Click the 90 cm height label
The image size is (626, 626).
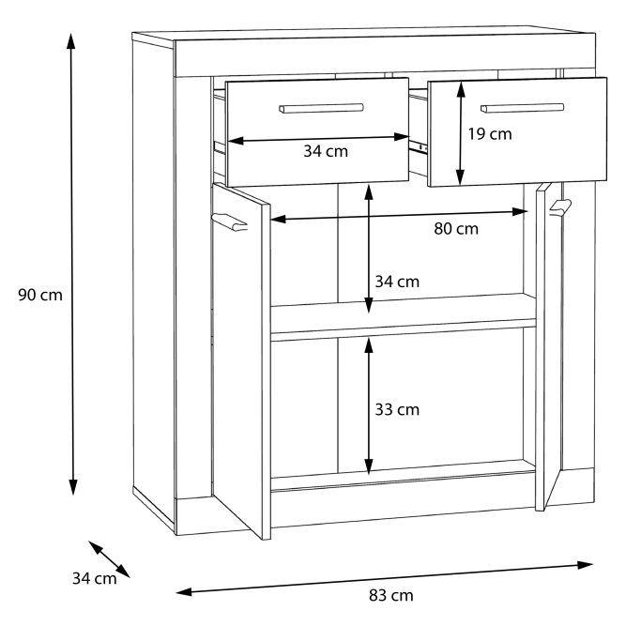pyautogui.click(x=40, y=295)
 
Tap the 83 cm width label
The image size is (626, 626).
pyautogui.click(x=390, y=595)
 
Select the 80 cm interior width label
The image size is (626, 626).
pyautogui.click(x=456, y=229)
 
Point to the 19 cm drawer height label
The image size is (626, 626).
pyautogui.click(x=490, y=134)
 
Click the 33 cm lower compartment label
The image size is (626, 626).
pyautogui.click(x=397, y=409)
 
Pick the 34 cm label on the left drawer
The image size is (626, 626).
pyautogui.click(x=326, y=151)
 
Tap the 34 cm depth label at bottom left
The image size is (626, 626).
pyautogui.click(x=95, y=578)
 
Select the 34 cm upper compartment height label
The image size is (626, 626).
pyautogui.click(x=397, y=282)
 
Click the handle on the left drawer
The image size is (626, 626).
pyautogui.click(x=321, y=108)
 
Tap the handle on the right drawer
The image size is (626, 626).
pyautogui.click(x=523, y=108)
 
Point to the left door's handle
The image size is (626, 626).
pyautogui.click(x=230, y=222)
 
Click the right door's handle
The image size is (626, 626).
pyautogui.click(x=560, y=207)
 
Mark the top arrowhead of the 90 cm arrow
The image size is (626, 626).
pyautogui.click(x=71, y=40)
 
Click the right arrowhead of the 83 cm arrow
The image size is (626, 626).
pyautogui.click(x=586, y=565)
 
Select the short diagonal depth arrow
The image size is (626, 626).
pyautogui.click(x=109, y=559)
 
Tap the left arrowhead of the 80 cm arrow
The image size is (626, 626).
pyautogui.click(x=278, y=219)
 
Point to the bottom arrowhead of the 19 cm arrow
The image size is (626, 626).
pyautogui.click(x=460, y=178)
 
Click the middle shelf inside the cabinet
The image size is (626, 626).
pyautogui.click(x=404, y=317)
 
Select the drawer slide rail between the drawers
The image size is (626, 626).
pyautogui.click(x=418, y=146)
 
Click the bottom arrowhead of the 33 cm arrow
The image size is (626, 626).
pyautogui.click(x=369, y=466)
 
